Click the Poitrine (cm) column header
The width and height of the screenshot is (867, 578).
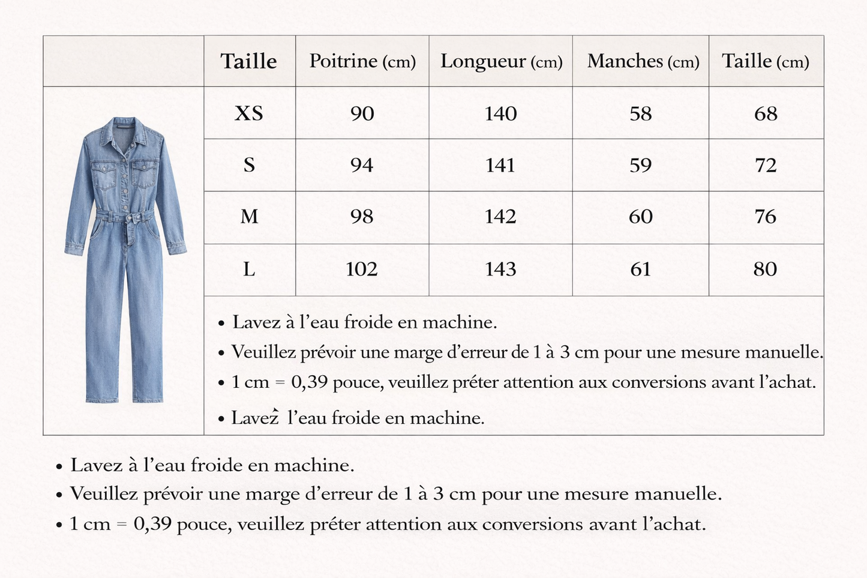(362, 61)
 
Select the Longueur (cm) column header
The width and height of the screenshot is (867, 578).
(501, 61)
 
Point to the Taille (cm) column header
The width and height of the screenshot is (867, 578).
(765, 61)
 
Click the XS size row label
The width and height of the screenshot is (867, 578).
(249, 113)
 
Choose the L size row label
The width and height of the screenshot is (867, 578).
(249, 269)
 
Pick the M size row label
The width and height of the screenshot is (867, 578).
(249, 217)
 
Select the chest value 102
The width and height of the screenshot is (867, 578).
(362, 269)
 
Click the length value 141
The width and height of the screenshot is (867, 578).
(500, 165)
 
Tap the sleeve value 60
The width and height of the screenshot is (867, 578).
(640, 217)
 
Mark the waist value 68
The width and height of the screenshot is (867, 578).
(766, 113)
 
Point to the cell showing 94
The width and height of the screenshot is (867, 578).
(362, 165)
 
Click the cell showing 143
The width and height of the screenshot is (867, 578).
(500, 269)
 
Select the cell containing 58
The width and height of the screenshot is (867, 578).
(640, 113)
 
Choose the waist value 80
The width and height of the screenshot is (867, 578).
(765, 269)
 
